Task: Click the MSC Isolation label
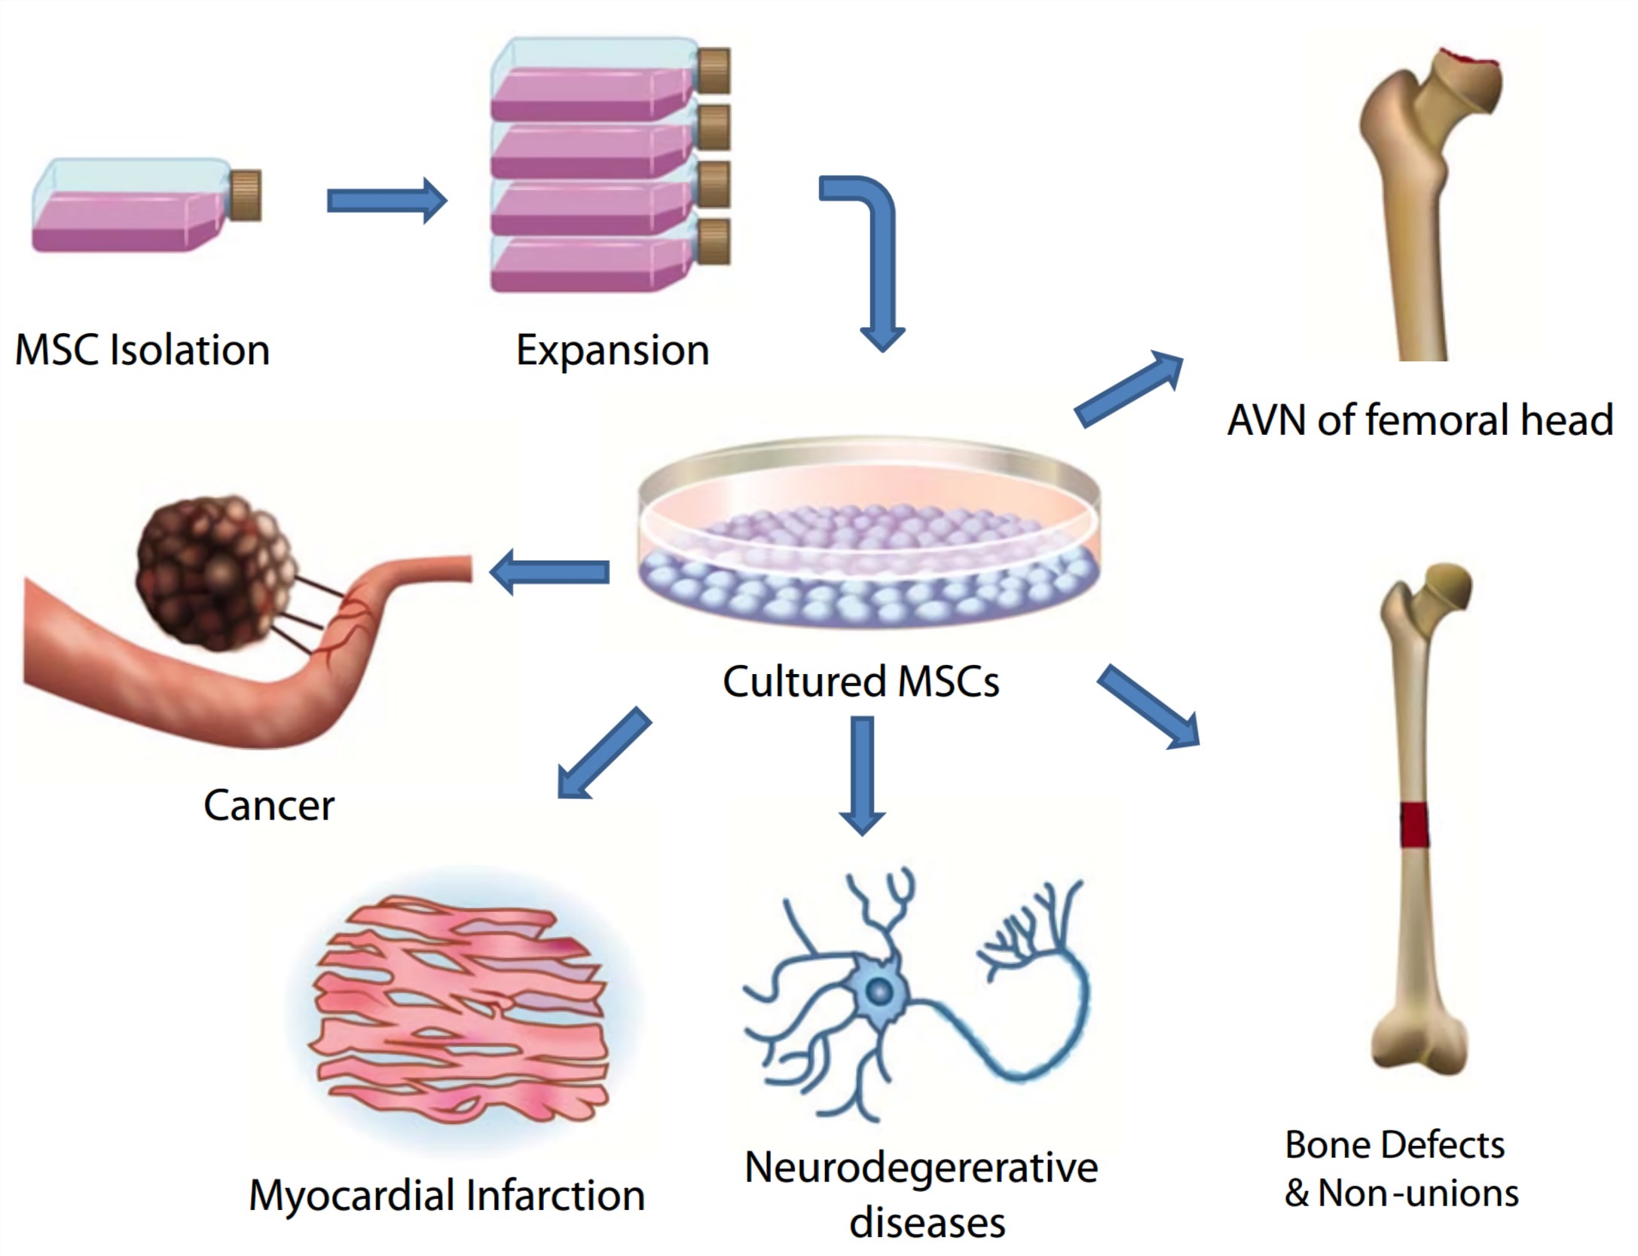pos(142,351)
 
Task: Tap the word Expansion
pos(612,351)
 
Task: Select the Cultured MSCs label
pos(861,682)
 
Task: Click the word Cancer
pos(269,805)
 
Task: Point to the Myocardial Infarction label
pos(447,1196)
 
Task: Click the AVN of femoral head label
pos(1419,420)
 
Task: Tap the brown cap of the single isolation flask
pos(245,196)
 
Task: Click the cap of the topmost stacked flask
pos(714,71)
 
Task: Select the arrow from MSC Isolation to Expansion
pos(387,201)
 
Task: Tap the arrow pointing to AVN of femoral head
pos(1128,389)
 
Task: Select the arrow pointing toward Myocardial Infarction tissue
pos(604,752)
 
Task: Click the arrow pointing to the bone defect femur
pos(1148,706)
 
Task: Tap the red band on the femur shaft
pos(1414,825)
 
